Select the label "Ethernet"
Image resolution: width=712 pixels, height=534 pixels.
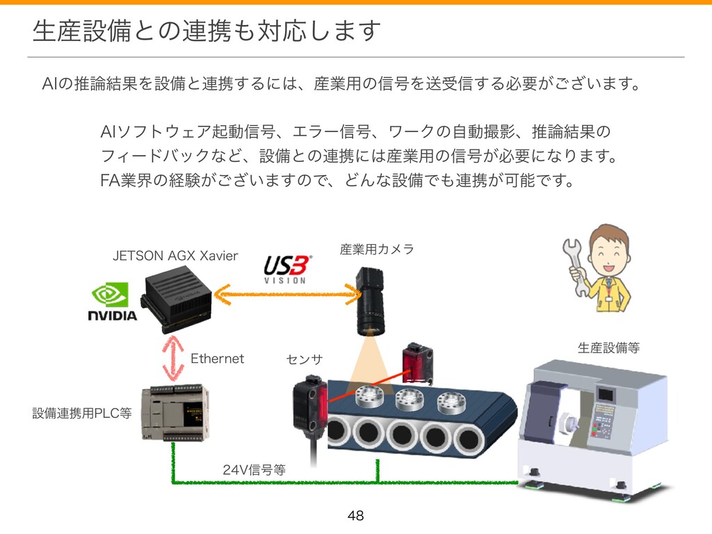coord(218,359)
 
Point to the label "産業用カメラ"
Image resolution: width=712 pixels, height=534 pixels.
coord(376,249)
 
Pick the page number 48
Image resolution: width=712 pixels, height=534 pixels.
coord(356,516)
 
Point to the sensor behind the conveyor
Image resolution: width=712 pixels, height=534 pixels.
coord(418,362)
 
